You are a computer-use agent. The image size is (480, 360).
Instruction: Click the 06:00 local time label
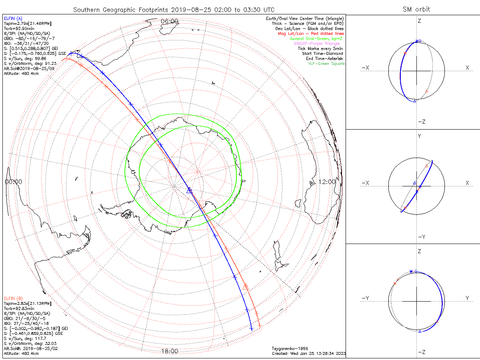tap(169, 21)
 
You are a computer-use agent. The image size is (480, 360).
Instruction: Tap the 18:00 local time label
tap(169, 351)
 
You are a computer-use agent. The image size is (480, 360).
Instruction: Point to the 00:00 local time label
tap(13, 182)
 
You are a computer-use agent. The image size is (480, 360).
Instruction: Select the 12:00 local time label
tap(327, 182)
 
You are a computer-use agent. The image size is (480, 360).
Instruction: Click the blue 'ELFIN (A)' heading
tap(13, 18)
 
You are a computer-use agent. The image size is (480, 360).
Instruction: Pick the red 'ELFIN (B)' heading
tap(13, 298)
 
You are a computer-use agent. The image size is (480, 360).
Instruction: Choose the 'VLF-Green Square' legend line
tap(326, 64)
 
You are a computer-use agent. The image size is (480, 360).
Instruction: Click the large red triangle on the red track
tap(246, 286)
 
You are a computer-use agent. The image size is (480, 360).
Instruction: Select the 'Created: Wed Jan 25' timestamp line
tap(309, 354)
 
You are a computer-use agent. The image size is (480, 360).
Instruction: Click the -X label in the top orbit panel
tap(365, 68)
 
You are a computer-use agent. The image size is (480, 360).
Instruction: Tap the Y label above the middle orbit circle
tap(419, 136)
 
